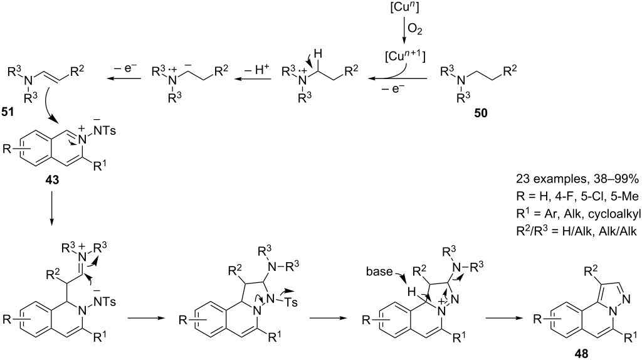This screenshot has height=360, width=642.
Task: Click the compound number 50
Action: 481,113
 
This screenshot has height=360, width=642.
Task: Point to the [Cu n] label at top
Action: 404,7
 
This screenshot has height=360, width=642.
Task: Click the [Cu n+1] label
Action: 405,56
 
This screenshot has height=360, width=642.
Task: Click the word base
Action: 379,272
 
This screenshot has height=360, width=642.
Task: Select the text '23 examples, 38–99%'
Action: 577,179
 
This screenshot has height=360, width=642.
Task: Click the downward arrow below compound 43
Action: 52,208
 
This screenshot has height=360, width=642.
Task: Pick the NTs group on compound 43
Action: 104,130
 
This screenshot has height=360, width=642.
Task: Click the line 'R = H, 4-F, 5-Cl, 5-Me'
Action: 577,197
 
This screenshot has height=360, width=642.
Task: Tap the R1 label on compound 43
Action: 99,166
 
